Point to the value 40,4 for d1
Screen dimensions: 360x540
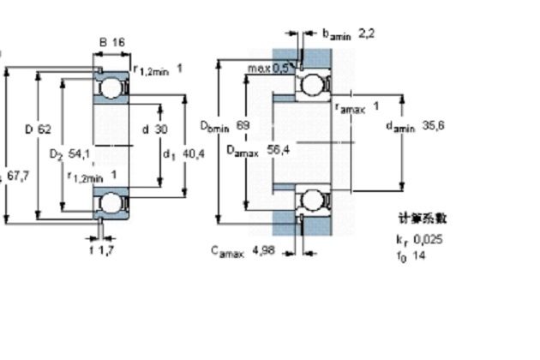[x=195, y=154]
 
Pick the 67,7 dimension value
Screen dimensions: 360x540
[x=18, y=175]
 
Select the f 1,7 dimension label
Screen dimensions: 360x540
[x=103, y=249]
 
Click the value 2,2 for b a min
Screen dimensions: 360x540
[x=366, y=33]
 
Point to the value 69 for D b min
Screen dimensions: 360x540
[x=243, y=126]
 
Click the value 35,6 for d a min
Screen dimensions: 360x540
[x=433, y=126]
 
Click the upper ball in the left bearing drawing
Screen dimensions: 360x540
[x=111, y=88]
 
